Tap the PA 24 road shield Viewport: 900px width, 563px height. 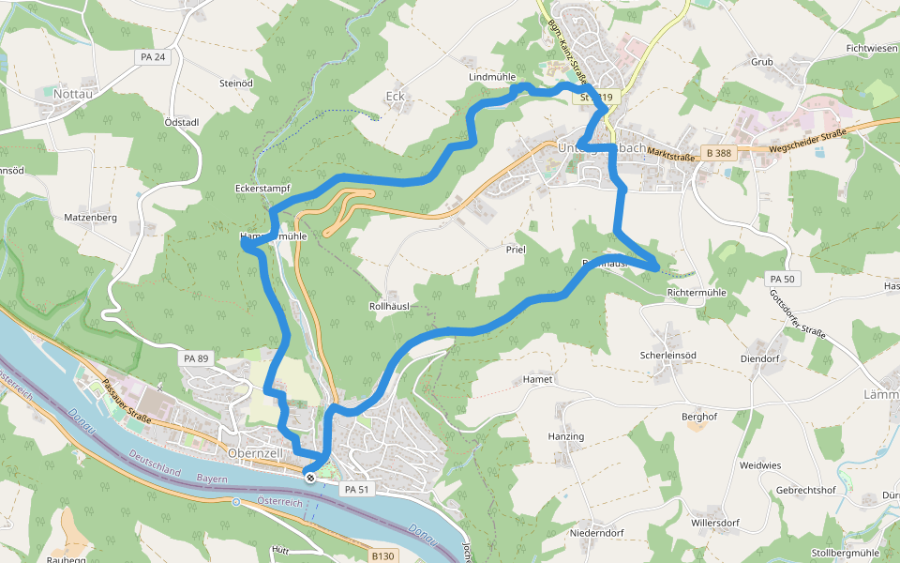pyautogui.click(x=152, y=57)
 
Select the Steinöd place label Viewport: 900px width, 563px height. pyautogui.click(x=236, y=84)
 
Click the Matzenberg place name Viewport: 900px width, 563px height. pyautogui.click(x=90, y=218)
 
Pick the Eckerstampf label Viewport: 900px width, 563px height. pyautogui.click(x=262, y=189)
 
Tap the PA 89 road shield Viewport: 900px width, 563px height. pyautogui.click(x=196, y=358)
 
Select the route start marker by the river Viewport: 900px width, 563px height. pyautogui.click(x=309, y=477)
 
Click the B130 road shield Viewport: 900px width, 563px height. pyautogui.click(x=382, y=555)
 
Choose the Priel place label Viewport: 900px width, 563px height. pyautogui.click(x=516, y=250)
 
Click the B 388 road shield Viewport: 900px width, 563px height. pyautogui.click(x=719, y=153)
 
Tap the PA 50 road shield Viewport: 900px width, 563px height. pyautogui.click(x=781, y=279)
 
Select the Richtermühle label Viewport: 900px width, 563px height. pyautogui.click(x=697, y=293)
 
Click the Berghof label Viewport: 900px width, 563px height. pyautogui.click(x=698, y=416)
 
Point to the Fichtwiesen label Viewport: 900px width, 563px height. pyautogui.click(x=871, y=47)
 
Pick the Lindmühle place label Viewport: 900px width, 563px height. pyautogui.click(x=492, y=76)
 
